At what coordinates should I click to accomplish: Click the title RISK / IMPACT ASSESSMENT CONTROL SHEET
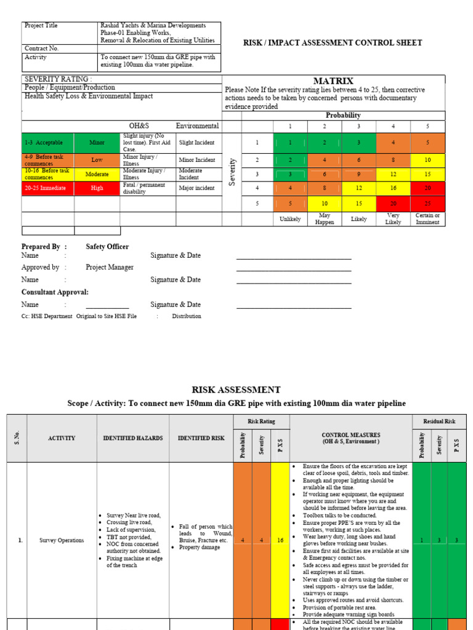click(x=333, y=42)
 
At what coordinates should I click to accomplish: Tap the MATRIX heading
click(x=333, y=81)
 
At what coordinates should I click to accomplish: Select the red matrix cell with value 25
click(x=427, y=204)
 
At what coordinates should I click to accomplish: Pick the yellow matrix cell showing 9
click(x=358, y=174)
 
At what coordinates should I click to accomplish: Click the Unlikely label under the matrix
click(x=289, y=219)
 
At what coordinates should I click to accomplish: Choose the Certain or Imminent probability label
click(x=427, y=219)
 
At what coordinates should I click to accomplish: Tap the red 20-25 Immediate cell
click(x=48, y=188)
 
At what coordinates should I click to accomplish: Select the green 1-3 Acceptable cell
click(x=48, y=143)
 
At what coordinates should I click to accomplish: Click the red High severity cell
click(x=97, y=188)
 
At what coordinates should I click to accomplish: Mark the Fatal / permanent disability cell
click(x=147, y=188)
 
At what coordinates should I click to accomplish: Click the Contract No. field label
click(x=41, y=48)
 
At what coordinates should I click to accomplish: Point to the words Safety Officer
click(x=107, y=247)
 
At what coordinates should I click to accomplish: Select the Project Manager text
click(x=110, y=268)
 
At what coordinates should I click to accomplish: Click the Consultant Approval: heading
click(x=55, y=292)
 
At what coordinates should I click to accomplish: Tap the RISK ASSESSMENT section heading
click(x=236, y=390)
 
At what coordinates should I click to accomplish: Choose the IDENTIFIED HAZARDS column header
click(x=132, y=438)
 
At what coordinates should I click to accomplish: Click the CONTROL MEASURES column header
click(x=350, y=438)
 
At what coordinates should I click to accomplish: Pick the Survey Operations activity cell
click(x=62, y=540)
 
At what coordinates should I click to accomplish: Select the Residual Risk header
click(x=439, y=421)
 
